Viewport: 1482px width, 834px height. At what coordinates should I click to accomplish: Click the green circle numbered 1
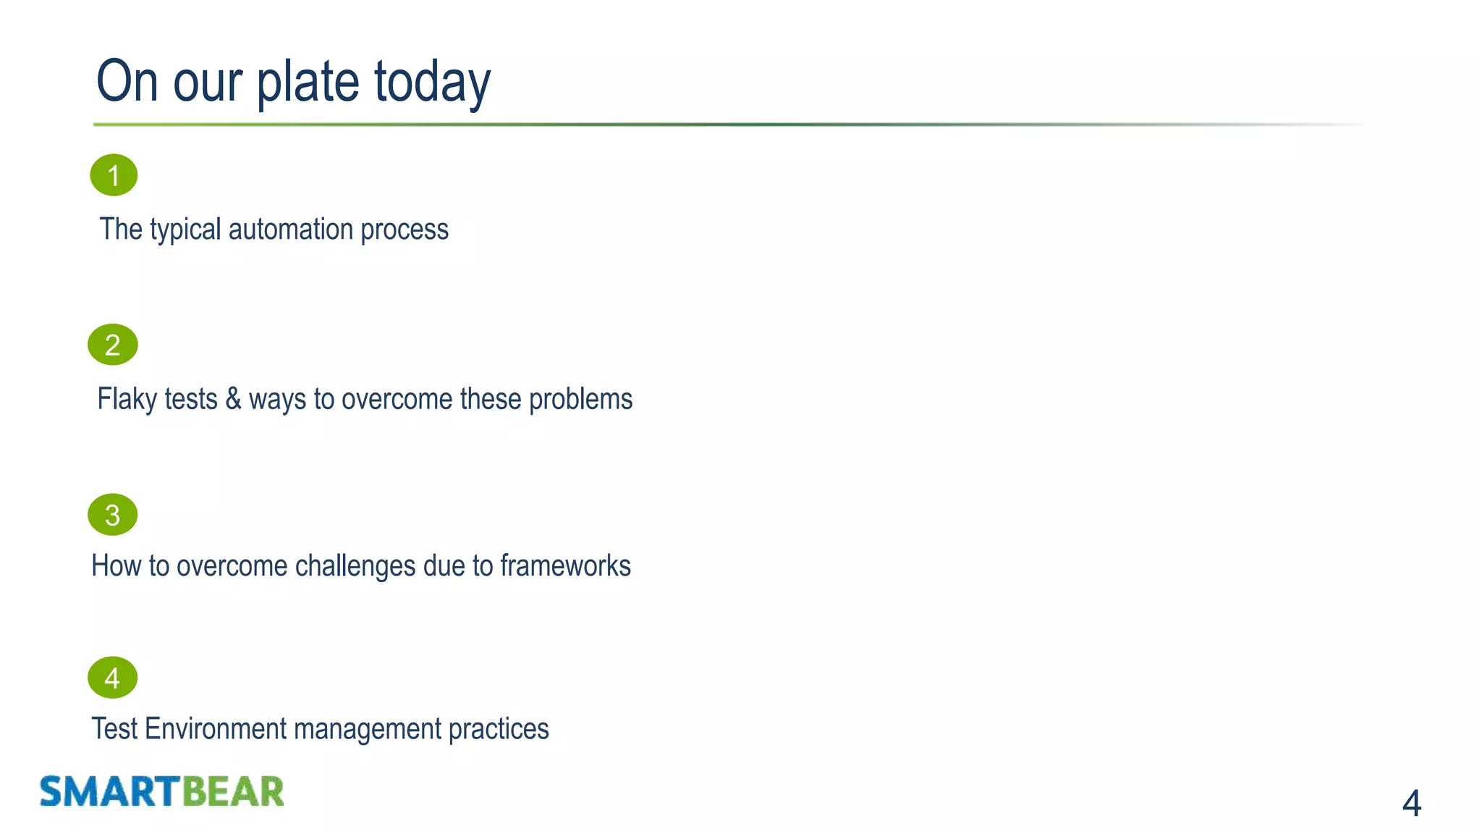point(114,175)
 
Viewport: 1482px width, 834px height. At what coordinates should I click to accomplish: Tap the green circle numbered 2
point(113,345)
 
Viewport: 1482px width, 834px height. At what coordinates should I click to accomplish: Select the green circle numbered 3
point(113,515)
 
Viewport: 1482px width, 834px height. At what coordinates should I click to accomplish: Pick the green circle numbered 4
point(113,678)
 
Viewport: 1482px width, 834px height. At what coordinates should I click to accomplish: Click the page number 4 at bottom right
point(1411,803)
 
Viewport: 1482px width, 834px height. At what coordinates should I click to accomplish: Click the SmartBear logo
point(161,791)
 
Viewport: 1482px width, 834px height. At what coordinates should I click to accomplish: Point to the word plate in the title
point(308,82)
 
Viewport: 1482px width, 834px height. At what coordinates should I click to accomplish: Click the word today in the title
point(432,82)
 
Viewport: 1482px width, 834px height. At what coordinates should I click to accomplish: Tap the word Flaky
point(121,399)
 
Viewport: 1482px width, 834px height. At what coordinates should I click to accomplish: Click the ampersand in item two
point(233,399)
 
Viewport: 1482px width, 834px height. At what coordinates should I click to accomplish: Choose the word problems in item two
point(580,399)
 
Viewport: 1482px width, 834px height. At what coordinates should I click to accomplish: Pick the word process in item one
point(405,229)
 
